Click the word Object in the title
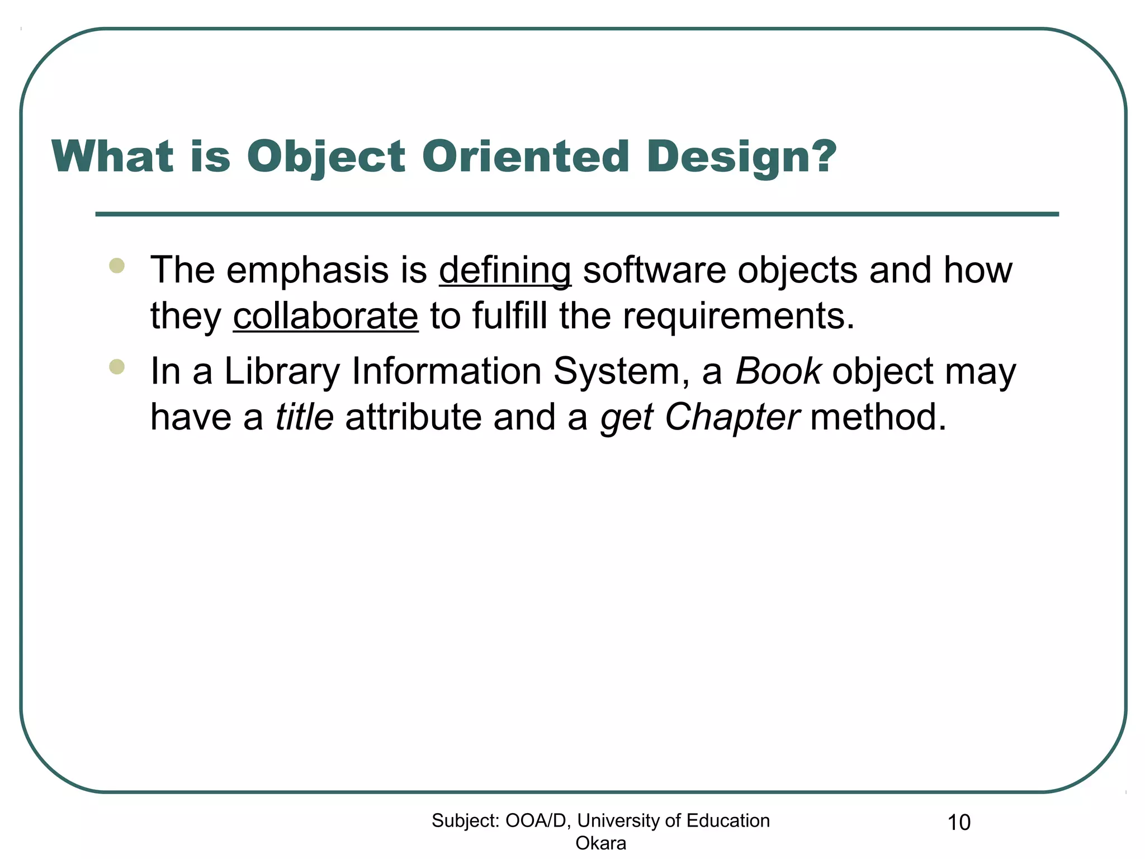click(x=326, y=157)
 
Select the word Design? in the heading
click(x=741, y=157)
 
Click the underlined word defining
click(x=505, y=271)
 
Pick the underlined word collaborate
click(x=325, y=316)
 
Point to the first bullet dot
click(x=117, y=265)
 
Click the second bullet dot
click(x=117, y=367)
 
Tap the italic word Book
click(x=778, y=371)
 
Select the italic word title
click(x=305, y=417)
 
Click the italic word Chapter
click(x=732, y=417)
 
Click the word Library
click(x=282, y=372)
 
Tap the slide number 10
click(x=959, y=823)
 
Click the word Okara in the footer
click(x=600, y=843)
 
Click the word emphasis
click(x=307, y=271)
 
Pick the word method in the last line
click(x=878, y=417)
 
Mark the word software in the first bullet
click(x=654, y=271)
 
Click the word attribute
click(x=413, y=417)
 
